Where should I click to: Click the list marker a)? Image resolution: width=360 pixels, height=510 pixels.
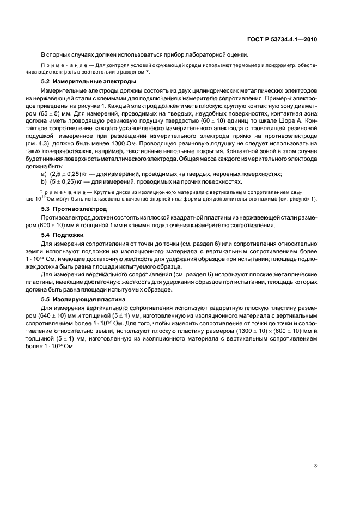click(x=44, y=173)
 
